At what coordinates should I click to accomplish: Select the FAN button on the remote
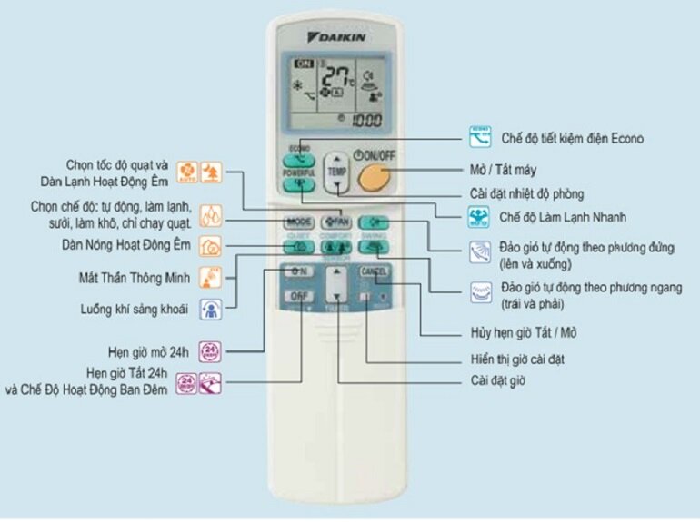click(x=335, y=222)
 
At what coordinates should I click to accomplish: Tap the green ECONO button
click(x=298, y=155)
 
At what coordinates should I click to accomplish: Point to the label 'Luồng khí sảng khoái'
click(x=134, y=310)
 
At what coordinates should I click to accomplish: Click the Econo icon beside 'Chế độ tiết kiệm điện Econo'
click(x=479, y=138)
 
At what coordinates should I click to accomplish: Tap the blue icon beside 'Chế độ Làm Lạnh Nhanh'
click(x=479, y=217)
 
